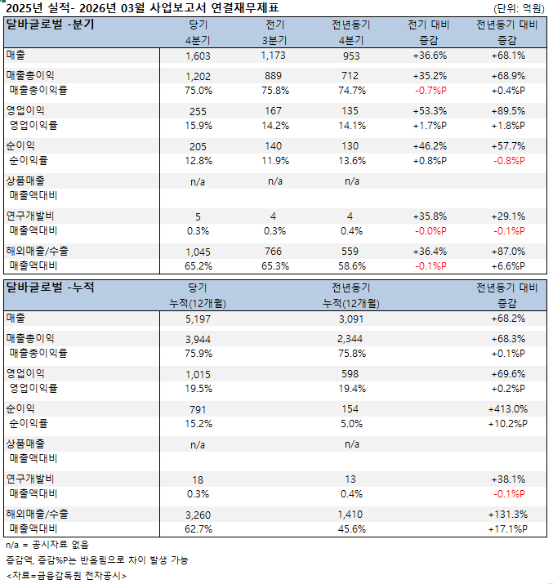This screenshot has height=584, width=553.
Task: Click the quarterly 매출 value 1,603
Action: click(x=198, y=56)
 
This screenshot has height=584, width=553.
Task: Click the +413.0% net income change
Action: click(x=507, y=409)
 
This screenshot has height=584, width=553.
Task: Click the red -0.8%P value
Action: click(x=507, y=160)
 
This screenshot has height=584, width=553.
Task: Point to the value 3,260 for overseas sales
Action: click(x=198, y=515)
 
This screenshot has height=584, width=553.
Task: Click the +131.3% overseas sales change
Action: click(x=507, y=515)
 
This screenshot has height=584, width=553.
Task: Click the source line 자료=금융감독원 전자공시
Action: click(x=65, y=576)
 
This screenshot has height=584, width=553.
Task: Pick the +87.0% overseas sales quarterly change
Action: click(x=507, y=251)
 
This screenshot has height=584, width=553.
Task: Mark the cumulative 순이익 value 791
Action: click(x=198, y=409)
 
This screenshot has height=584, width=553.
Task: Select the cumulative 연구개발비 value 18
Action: click(x=198, y=479)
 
